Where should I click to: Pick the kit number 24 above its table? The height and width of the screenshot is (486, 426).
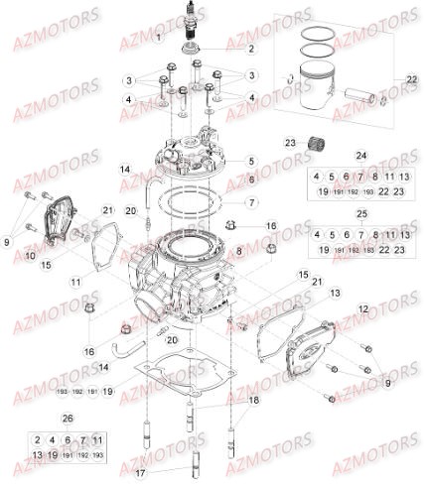point(360,156)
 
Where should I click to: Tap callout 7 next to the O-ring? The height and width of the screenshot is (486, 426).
point(252,201)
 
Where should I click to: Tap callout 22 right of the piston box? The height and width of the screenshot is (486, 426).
point(412,78)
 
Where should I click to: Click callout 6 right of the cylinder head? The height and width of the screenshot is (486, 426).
point(252,179)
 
